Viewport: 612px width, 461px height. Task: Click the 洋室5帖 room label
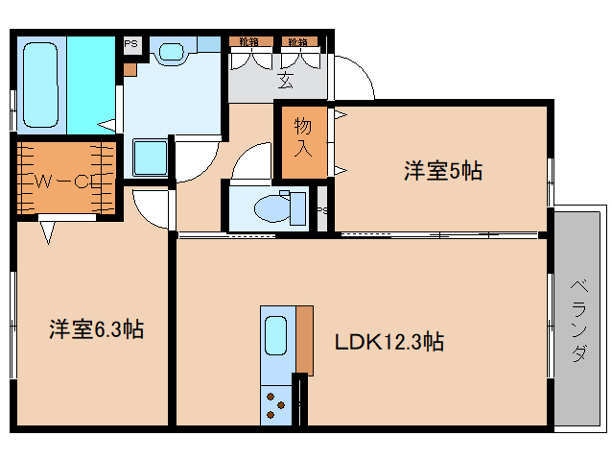tap(441, 172)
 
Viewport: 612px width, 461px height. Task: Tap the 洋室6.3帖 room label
tap(96, 330)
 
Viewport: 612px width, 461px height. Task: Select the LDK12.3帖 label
tap(388, 341)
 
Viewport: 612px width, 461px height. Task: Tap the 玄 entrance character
tap(286, 80)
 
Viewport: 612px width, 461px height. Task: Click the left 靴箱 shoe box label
tap(248, 42)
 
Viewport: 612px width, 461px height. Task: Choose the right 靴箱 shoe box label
tap(296, 42)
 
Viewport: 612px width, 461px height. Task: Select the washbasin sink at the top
tap(173, 53)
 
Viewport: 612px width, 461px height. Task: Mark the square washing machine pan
tap(151, 157)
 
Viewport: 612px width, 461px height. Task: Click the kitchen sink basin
tap(276, 337)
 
